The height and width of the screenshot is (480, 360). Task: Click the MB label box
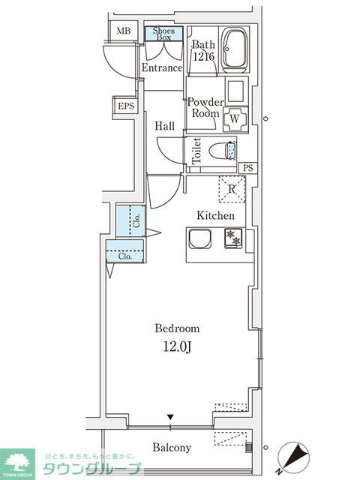(x=124, y=32)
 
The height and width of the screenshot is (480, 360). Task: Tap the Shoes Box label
(x=163, y=34)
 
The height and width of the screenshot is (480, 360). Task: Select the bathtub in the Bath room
(x=238, y=51)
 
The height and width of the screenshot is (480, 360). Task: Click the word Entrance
(x=162, y=68)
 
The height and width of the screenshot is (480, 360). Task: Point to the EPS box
(x=125, y=106)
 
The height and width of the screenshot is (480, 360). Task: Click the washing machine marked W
(x=235, y=118)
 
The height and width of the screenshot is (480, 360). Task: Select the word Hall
(x=165, y=126)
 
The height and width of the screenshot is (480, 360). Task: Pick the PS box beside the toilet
(x=248, y=168)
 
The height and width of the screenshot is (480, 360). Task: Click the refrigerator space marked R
(x=232, y=189)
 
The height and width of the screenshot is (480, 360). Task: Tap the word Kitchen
(x=215, y=216)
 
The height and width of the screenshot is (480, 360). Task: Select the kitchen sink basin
(x=200, y=238)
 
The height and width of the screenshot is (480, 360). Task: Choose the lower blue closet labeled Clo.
(x=124, y=255)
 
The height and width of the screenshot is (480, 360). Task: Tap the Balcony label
(x=172, y=448)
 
